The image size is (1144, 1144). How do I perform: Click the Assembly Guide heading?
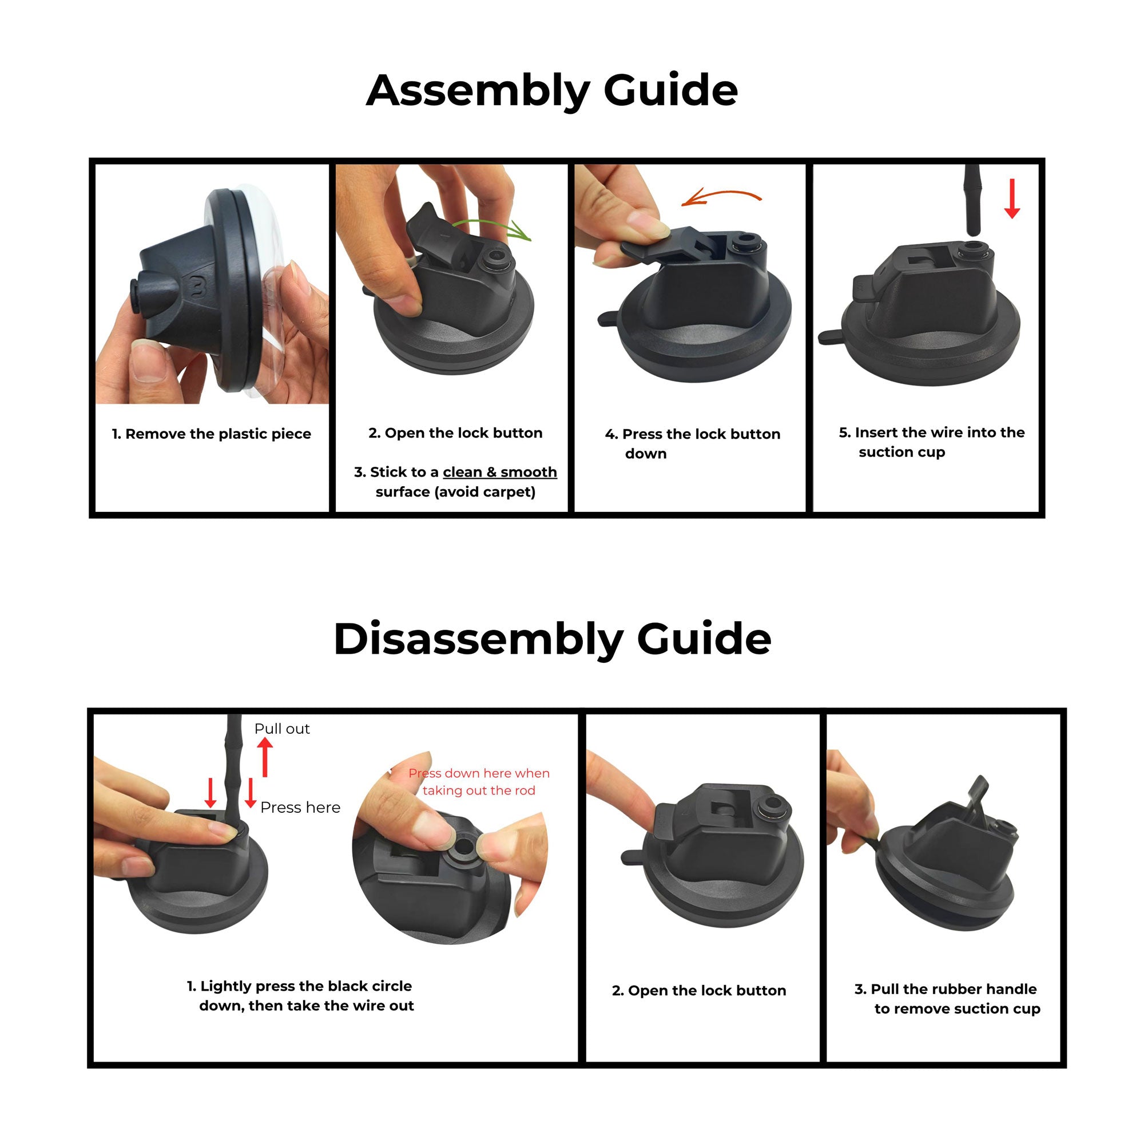tap(551, 90)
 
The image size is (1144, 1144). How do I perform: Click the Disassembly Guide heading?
tap(552, 639)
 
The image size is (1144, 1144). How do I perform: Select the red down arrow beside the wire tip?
tap(1012, 198)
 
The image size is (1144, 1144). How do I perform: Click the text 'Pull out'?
tap(282, 729)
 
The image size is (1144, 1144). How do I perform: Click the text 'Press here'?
tap(300, 808)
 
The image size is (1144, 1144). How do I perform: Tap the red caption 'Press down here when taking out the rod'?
tap(478, 781)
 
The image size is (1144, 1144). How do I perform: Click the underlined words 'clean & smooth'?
tap(500, 472)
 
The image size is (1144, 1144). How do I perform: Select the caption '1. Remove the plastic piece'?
tap(212, 434)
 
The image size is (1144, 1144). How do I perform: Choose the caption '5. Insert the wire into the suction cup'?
tap(931, 442)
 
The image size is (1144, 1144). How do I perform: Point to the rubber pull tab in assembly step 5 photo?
tap(832, 337)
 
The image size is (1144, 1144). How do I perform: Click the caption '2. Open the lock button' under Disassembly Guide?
tap(699, 991)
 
